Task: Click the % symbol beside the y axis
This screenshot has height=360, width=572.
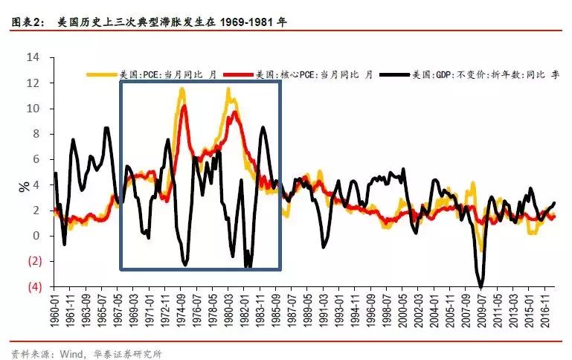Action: pyautogui.click(x=24, y=185)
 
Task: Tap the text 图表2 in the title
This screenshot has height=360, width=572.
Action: pyautogui.click(x=28, y=22)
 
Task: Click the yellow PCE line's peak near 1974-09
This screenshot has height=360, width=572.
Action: pyautogui.click(x=181, y=89)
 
